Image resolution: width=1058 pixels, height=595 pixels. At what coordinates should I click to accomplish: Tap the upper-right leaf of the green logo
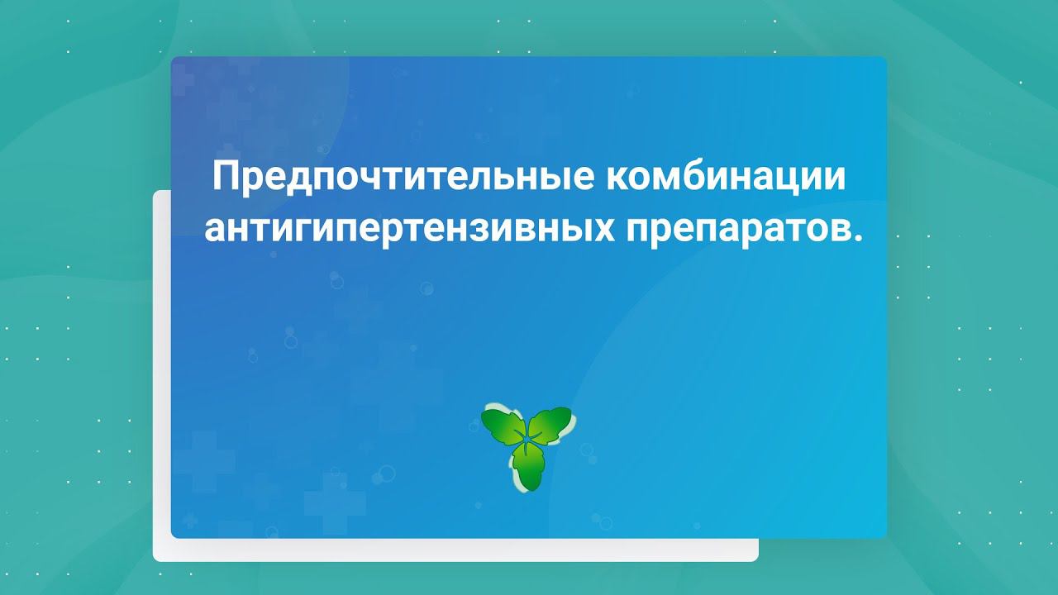point(551,423)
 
